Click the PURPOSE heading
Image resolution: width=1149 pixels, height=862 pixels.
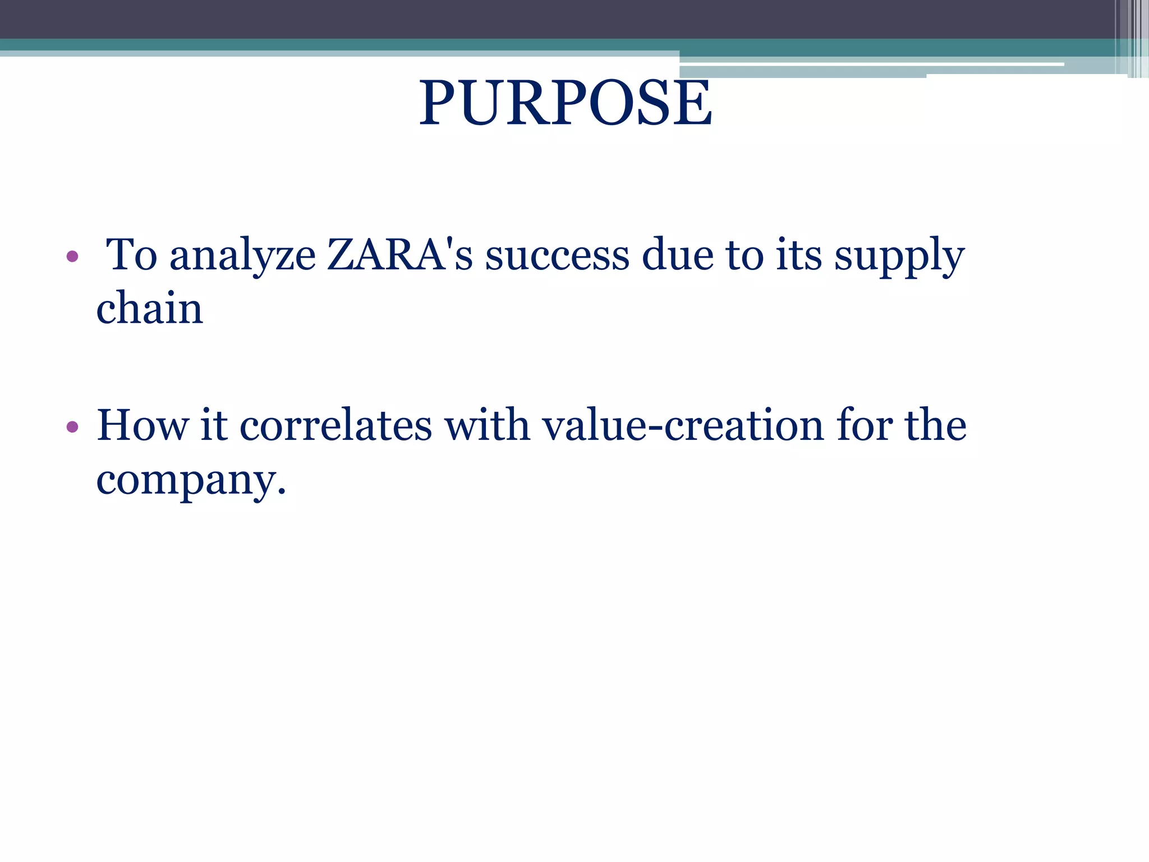click(x=566, y=103)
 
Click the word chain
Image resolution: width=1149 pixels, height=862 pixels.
click(x=149, y=309)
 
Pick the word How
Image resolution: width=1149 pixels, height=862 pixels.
click(x=143, y=425)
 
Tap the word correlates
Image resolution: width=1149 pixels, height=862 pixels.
click(x=335, y=425)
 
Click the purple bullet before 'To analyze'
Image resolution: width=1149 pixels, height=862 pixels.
click(x=72, y=257)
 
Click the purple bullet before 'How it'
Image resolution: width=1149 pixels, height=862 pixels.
click(x=72, y=427)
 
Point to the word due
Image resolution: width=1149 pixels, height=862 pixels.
click(x=677, y=255)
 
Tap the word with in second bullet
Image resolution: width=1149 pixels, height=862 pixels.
click(x=487, y=425)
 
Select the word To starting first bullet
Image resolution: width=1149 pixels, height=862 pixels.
click(x=131, y=255)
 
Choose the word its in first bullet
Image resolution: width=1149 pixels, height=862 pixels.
click(x=799, y=255)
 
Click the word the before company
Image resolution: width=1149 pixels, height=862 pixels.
click(x=935, y=425)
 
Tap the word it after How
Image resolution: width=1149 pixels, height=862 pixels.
click(x=213, y=425)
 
